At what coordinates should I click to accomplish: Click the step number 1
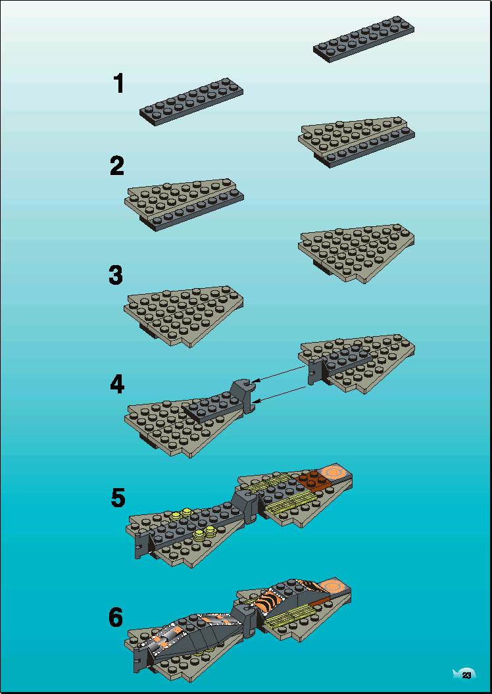pyautogui.click(x=118, y=84)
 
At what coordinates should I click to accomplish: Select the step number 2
pyautogui.click(x=117, y=166)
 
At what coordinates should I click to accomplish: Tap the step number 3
pyautogui.click(x=116, y=276)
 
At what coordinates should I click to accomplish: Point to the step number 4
pyautogui.click(x=117, y=384)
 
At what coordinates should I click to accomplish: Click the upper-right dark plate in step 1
pyautogui.click(x=364, y=39)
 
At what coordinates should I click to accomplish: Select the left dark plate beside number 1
pyautogui.click(x=191, y=102)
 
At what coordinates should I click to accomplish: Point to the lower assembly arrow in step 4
pyautogui.click(x=281, y=395)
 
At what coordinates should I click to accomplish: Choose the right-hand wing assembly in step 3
pyautogui.click(x=357, y=253)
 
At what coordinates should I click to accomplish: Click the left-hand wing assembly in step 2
pyautogui.click(x=184, y=205)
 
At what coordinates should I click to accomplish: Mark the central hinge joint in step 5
pyautogui.click(x=244, y=505)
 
